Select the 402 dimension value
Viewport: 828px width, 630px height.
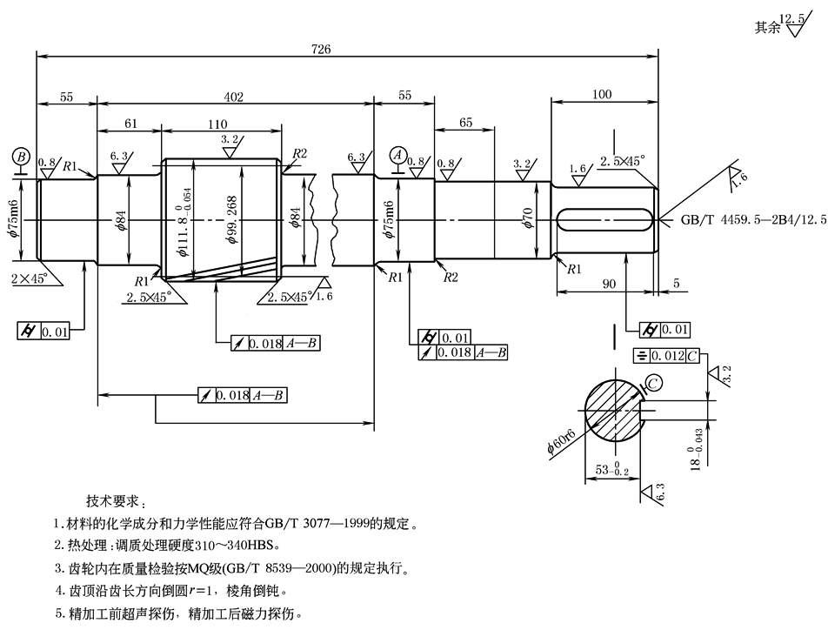point(234,97)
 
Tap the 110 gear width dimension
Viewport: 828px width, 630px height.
point(217,124)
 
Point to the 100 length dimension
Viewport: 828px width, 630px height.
point(600,94)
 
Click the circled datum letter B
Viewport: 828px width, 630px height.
point(22,157)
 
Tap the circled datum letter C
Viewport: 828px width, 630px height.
point(653,382)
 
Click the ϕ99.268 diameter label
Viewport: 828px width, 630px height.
point(232,220)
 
